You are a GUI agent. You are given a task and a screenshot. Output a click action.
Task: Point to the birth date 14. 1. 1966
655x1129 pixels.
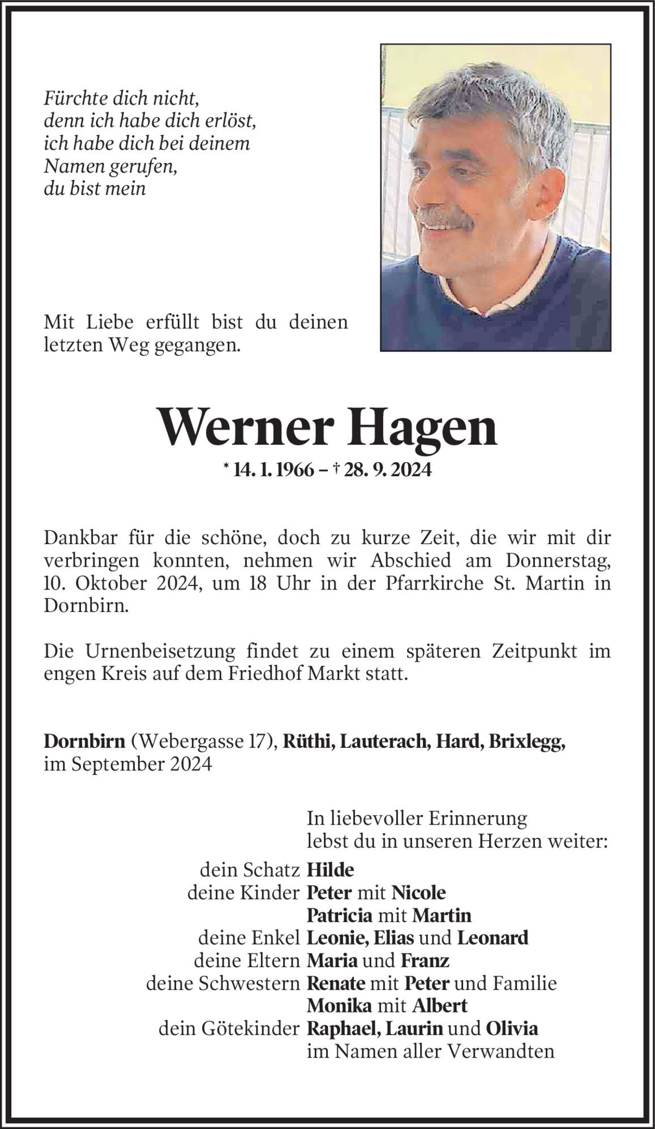(273, 469)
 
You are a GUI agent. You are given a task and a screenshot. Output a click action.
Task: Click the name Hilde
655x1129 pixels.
(330, 869)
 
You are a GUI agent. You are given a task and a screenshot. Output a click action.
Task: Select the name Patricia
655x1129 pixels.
(339, 915)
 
